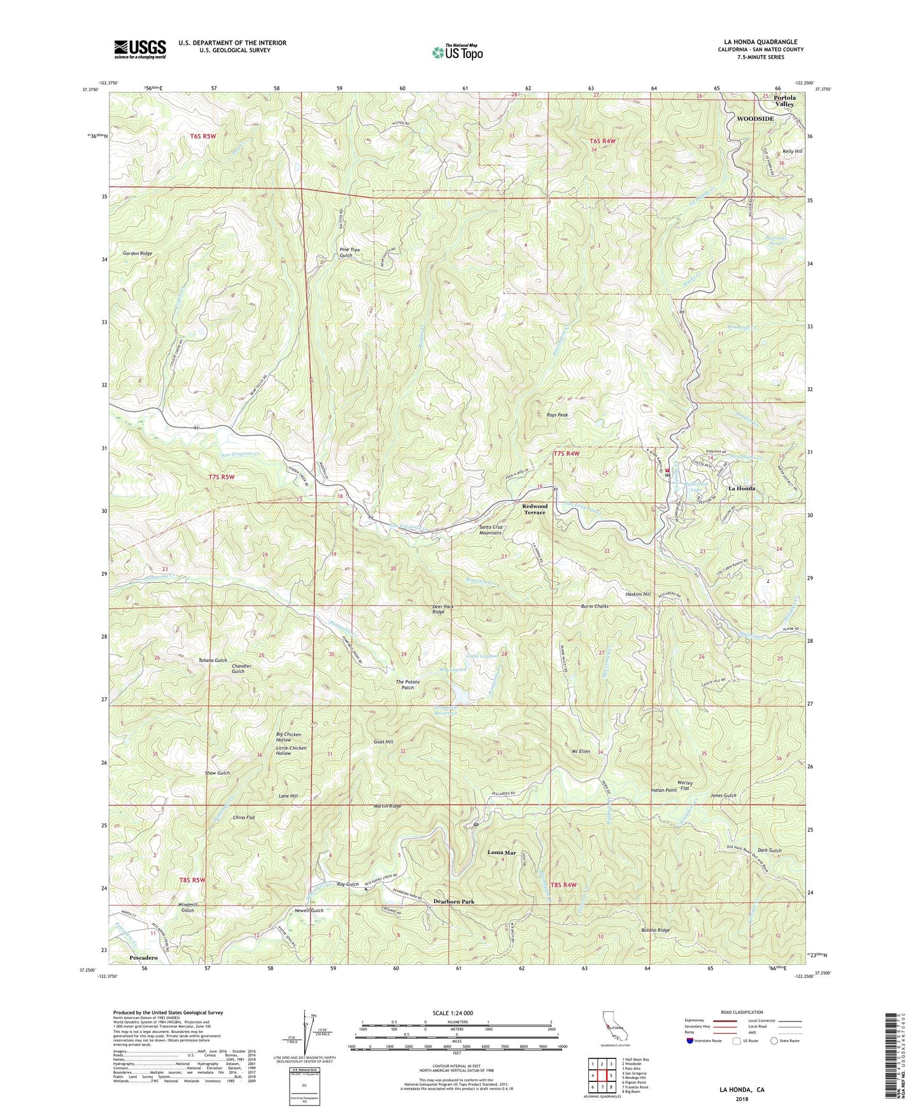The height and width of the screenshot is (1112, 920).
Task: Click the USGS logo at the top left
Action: point(139,49)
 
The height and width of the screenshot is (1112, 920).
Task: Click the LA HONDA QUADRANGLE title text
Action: point(761,42)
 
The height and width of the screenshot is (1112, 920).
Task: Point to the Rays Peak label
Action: point(557,415)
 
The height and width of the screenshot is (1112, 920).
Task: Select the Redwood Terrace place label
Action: point(534,510)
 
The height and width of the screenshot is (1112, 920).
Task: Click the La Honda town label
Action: point(741,488)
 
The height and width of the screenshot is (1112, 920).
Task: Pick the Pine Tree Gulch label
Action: point(345,253)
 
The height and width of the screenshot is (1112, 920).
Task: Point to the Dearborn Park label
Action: point(453,902)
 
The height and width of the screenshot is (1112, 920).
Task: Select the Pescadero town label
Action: point(143,957)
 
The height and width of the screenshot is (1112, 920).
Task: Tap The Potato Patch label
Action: point(407,685)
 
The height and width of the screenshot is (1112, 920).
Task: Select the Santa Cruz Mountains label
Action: point(499,530)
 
